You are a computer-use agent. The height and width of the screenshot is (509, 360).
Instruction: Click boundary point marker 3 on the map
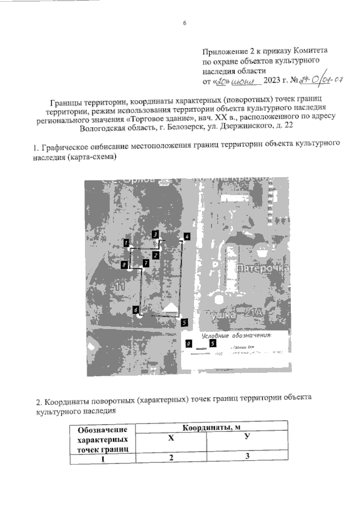(155, 234)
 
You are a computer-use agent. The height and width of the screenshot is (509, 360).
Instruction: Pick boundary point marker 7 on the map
(145, 263)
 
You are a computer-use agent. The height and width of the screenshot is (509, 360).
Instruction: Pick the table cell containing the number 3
(247, 457)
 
